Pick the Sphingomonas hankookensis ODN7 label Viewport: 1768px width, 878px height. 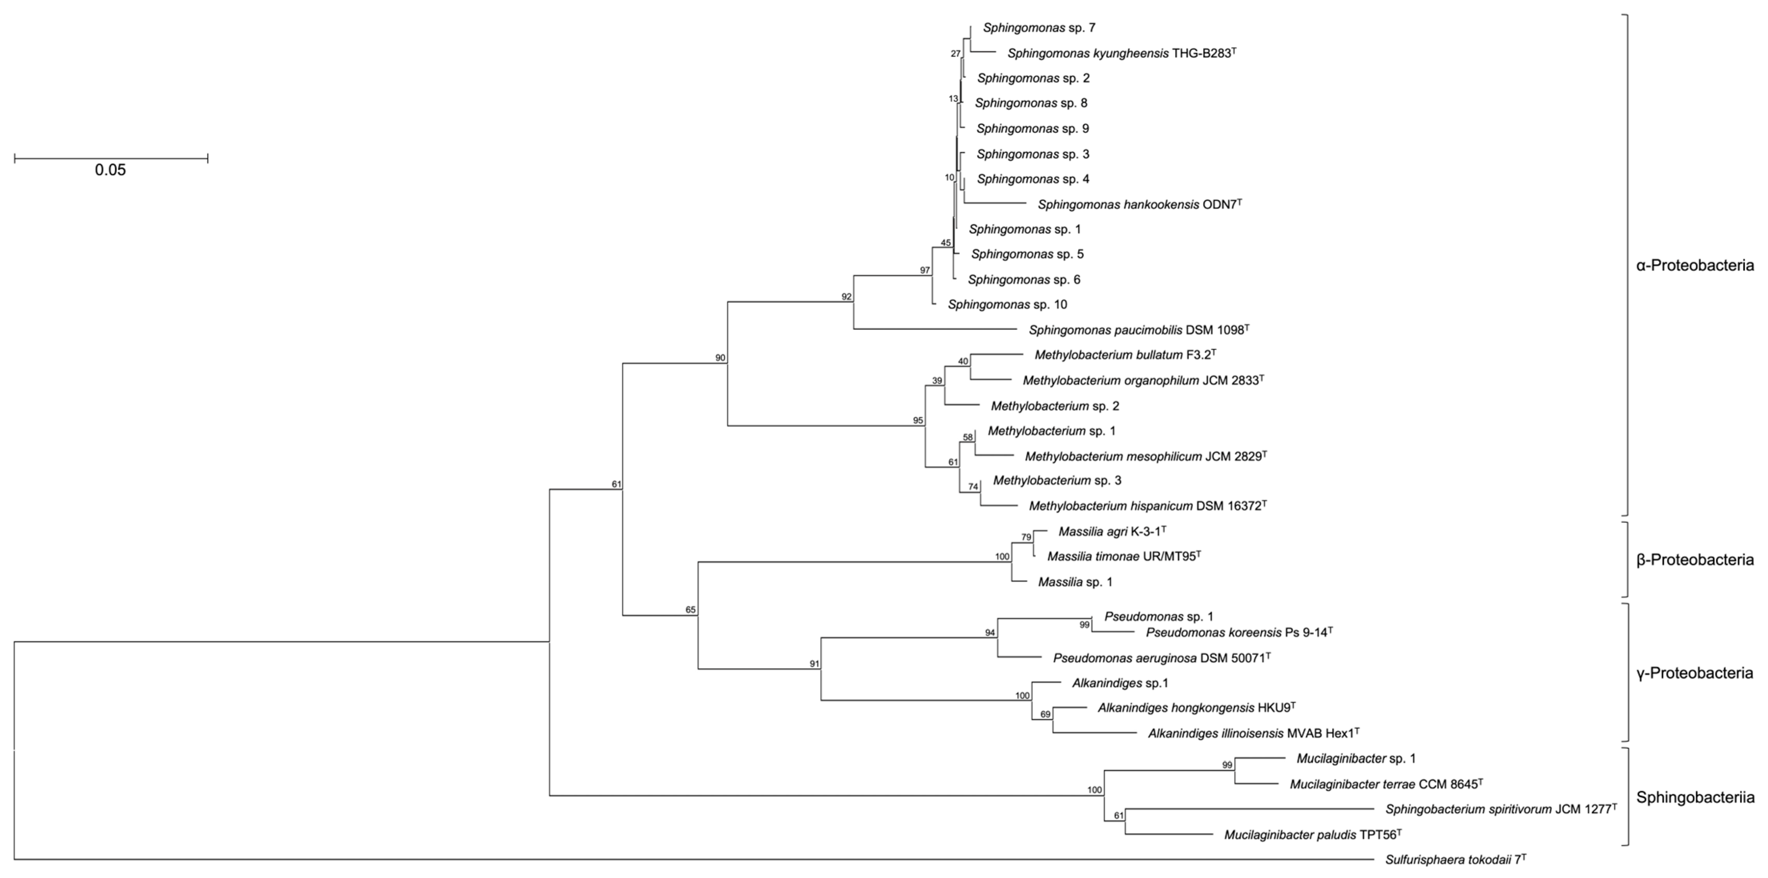[x=1139, y=205]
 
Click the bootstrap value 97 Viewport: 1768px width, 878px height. [x=925, y=270]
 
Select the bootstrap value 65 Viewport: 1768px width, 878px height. [x=690, y=610]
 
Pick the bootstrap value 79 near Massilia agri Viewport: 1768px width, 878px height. [x=1026, y=537]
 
